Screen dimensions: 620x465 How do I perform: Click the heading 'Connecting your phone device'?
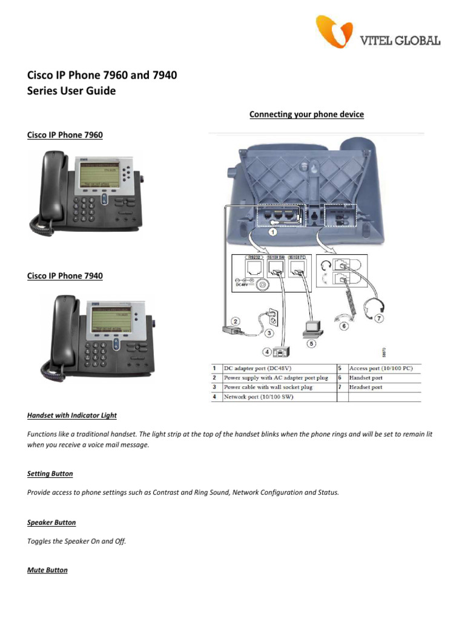tap(306, 114)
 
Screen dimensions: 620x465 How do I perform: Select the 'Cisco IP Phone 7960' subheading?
tap(65, 135)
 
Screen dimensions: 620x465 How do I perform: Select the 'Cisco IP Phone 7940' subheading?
tap(65, 275)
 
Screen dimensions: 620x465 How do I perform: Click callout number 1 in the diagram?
tap(273, 231)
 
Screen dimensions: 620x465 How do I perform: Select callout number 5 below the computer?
tap(312, 343)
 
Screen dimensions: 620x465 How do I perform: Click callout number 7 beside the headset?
tap(379, 317)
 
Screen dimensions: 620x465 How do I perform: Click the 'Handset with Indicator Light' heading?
tap(72, 415)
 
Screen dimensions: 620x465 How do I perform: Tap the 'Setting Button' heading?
tap(50, 473)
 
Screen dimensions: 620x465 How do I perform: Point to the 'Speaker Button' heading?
tap(51, 522)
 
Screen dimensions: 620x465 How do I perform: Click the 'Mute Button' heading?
tap(48, 570)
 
